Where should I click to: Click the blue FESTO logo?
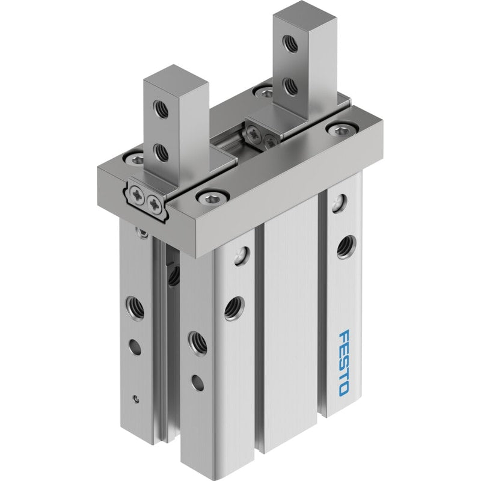tap(344, 362)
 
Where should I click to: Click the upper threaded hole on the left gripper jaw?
tap(161, 109)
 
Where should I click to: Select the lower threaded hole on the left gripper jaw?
tap(161, 153)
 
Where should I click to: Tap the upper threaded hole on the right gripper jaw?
tap(290, 43)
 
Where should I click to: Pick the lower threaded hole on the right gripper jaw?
tap(290, 86)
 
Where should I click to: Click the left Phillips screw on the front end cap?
tap(137, 195)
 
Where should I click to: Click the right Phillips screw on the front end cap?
tap(155, 203)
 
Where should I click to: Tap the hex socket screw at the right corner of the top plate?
tap(342, 129)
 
